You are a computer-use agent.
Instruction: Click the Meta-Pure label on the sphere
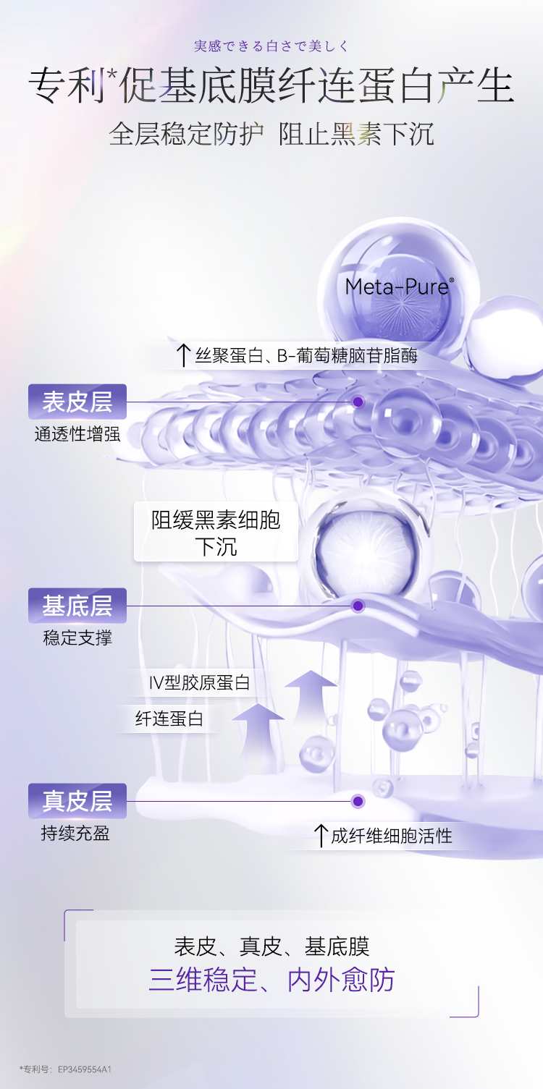pyautogui.click(x=398, y=287)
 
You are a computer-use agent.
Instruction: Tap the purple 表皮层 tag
pyautogui.click(x=77, y=402)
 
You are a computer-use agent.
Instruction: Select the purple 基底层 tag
pyautogui.click(x=77, y=606)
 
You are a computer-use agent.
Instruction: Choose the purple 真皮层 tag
pyautogui.click(x=77, y=801)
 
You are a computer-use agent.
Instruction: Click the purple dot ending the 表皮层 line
pyautogui.click(x=358, y=402)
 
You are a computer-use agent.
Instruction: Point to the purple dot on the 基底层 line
pyautogui.click(x=358, y=606)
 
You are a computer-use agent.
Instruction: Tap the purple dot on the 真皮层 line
pyautogui.click(x=358, y=801)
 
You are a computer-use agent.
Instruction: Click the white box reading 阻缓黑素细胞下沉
pyautogui.click(x=216, y=531)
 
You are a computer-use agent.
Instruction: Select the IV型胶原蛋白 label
pyautogui.click(x=199, y=682)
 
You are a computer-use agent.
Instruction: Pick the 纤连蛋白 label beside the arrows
pyautogui.click(x=169, y=719)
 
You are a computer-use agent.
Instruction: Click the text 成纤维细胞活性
pyautogui.click(x=392, y=836)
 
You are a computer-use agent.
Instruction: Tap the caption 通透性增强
pyautogui.click(x=77, y=434)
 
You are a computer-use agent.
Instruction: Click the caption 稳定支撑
pyautogui.click(x=77, y=638)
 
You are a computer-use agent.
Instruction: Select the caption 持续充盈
pyautogui.click(x=75, y=833)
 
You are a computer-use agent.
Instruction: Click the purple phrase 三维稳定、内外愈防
pyautogui.click(x=271, y=980)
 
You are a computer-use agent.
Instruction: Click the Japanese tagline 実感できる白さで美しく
pyautogui.click(x=271, y=46)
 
